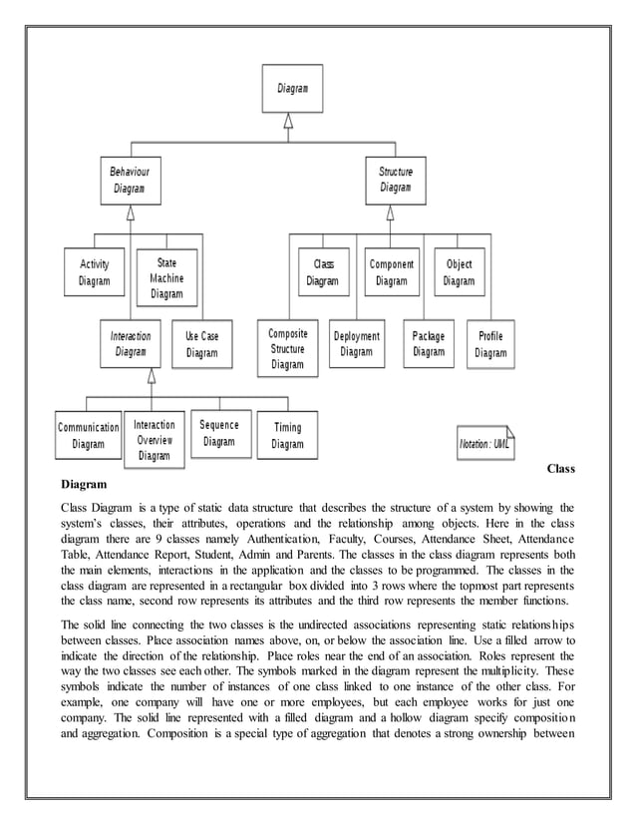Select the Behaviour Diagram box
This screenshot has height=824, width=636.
pyautogui.click(x=130, y=180)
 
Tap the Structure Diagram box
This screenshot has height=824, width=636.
pyautogui.click(x=395, y=180)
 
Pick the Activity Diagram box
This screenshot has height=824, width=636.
pyautogui.click(x=94, y=272)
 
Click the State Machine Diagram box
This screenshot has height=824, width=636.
pyautogui.click(x=166, y=278)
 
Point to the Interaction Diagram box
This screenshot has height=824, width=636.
pyautogui.click(x=130, y=343)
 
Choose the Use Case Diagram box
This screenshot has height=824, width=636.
pyautogui.click(x=201, y=344)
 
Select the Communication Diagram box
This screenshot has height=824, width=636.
pyautogui.click(x=88, y=436)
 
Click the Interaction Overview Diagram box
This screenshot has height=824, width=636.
pyautogui.click(x=154, y=440)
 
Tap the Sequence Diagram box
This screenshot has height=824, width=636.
pyautogui.click(x=218, y=432)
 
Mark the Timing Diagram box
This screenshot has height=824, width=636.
pyautogui.click(x=287, y=436)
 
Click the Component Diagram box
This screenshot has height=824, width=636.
pyautogui.click(x=391, y=272)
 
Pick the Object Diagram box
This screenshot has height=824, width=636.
pyautogui.click(x=459, y=272)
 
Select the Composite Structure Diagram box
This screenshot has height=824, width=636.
pyautogui.click(x=287, y=349)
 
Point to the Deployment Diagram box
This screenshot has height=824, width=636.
pyautogui.click(x=356, y=344)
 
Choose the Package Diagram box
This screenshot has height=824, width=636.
pyautogui.click(x=429, y=343)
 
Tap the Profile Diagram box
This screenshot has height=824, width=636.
pyautogui.click(x=490, y=344)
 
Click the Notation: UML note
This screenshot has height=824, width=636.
pyautogui.click(x=484, y=443)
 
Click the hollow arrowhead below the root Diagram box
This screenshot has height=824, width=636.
pyautogui.click(x=288, y=121)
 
